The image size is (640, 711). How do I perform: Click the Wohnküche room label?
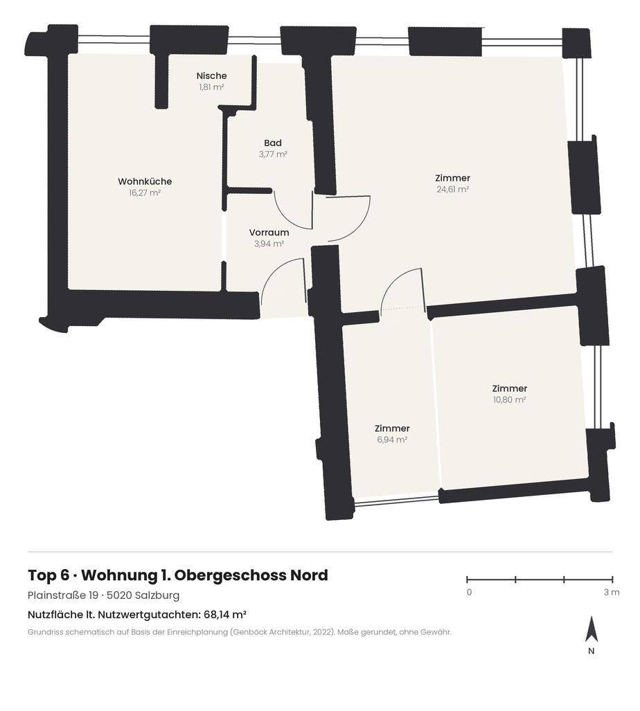145,181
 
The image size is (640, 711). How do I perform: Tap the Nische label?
211,75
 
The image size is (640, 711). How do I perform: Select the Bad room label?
273,143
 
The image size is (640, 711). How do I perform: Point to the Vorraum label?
269,232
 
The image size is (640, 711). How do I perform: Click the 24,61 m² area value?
452,189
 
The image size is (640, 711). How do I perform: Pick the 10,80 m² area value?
509,399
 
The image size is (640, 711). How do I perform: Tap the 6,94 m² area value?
392,440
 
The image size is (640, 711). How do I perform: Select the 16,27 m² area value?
145,192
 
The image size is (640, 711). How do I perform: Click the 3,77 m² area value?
273,154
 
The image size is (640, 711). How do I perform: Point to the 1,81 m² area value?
211,87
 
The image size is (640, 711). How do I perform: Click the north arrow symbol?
591,629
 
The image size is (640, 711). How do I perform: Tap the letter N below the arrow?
591,651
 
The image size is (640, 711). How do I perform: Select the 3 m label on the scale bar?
612,592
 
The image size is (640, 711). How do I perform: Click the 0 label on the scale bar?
469,592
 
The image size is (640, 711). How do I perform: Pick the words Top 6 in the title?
48,575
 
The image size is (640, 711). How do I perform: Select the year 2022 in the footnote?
323,632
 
